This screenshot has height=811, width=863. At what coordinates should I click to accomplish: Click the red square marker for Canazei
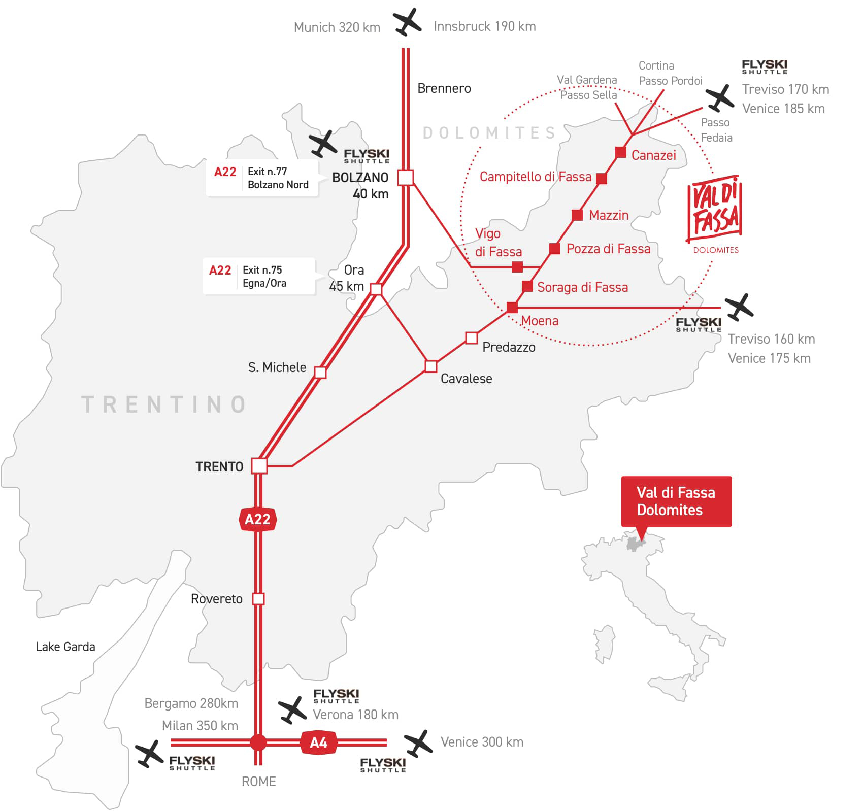point(620,152)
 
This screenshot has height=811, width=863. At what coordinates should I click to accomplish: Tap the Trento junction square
point(259,466)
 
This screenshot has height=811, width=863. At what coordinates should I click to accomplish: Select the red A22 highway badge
point(257,519)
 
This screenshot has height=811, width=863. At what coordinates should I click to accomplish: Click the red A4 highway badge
point(318,743)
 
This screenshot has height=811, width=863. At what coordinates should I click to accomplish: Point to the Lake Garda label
point(65,647)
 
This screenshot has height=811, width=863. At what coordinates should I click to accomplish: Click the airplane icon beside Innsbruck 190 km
point(407,23)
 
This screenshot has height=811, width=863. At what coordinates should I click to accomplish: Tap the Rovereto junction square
point(258,599)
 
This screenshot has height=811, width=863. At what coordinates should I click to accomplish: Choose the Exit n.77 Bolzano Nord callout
point(262,178)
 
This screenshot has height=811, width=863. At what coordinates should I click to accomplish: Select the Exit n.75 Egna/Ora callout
point(259,277)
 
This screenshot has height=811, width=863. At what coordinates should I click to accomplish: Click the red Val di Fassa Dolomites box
point(676,501)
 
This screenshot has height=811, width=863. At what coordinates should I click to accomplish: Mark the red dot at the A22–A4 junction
point(258,742)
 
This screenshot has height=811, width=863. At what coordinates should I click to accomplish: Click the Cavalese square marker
point(431,366)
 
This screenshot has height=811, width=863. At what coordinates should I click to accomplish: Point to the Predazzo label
point(509,347)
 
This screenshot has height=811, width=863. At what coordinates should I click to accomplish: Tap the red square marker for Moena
point(512,307)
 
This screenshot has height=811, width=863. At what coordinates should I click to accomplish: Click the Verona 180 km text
point(355,715)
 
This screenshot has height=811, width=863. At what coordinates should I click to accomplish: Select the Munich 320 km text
point(337,27)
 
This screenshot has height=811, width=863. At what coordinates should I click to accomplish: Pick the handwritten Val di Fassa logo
point(715,210)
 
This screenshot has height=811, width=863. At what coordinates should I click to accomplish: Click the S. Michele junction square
point(320,372)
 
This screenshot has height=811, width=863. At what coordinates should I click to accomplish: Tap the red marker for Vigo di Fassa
point(517,266)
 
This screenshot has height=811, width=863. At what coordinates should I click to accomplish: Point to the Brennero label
point(444,88)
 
